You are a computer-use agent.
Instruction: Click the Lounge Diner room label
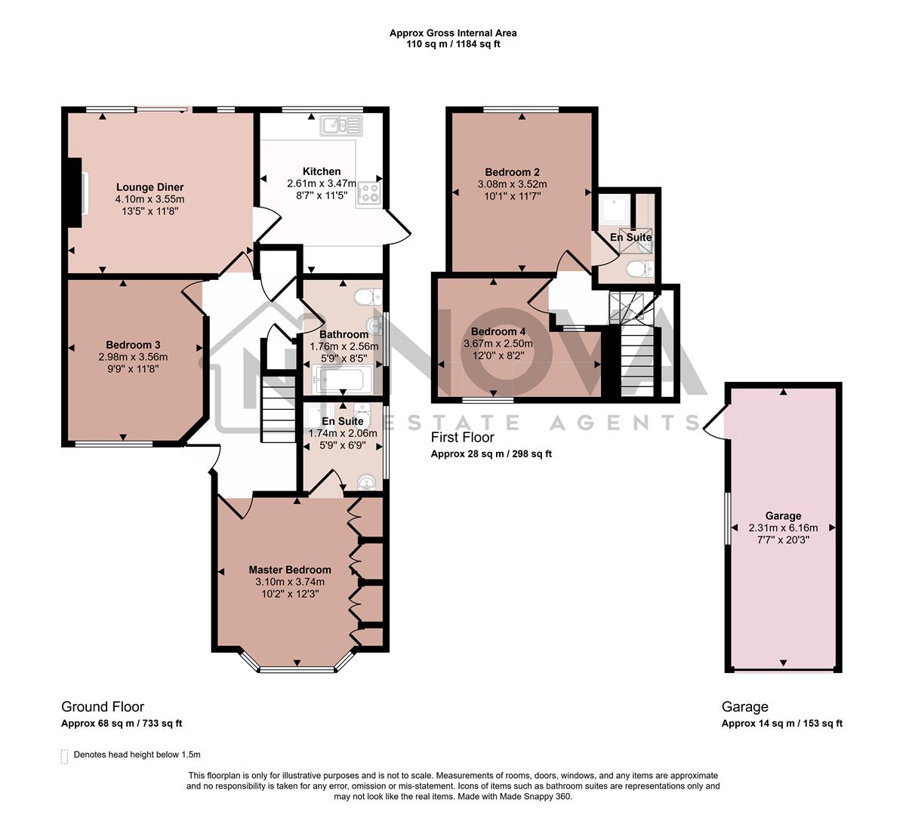point(149,187)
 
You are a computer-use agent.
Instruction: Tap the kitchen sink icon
point(341,125)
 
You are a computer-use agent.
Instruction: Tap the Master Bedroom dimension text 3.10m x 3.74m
point(290,582)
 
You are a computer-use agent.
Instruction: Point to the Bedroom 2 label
point(512,172)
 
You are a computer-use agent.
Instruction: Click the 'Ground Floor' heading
point(103,707)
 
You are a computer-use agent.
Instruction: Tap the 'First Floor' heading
point(462,438)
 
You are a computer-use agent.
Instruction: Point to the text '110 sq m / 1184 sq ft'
point(453,44)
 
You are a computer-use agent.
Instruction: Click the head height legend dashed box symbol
point(64,755)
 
